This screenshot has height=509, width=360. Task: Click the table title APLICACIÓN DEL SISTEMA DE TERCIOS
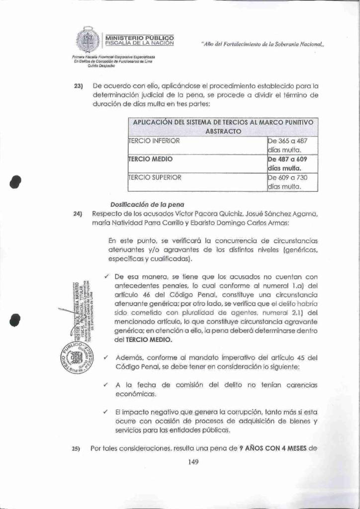tap(223, 126)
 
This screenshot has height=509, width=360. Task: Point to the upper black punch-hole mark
tap(17, 182)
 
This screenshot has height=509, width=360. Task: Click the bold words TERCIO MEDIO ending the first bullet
tap(149, 340)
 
